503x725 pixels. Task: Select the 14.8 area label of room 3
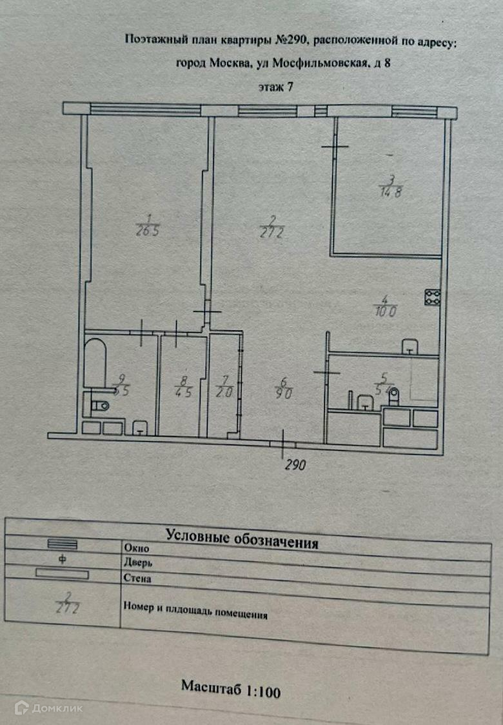pyautogui.click(x=390, y=192)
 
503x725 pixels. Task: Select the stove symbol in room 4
pyautogui.click(x=432, y=297)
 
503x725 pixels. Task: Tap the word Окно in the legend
pyautogui.click(x=136, y=548)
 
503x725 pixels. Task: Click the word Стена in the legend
pyautogui.click(x=137, y=578)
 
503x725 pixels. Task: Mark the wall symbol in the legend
pyautogui.click(x=62, y=573)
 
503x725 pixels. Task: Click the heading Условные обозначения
pyautogui.click(x=242, y=538)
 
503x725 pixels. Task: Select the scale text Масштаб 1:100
pyautogui.click(x=230, y=688)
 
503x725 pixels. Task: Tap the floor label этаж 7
pyautogui.click(x=275, y=87)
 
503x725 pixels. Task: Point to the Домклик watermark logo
pyautogui.click(x=48, y=708)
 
